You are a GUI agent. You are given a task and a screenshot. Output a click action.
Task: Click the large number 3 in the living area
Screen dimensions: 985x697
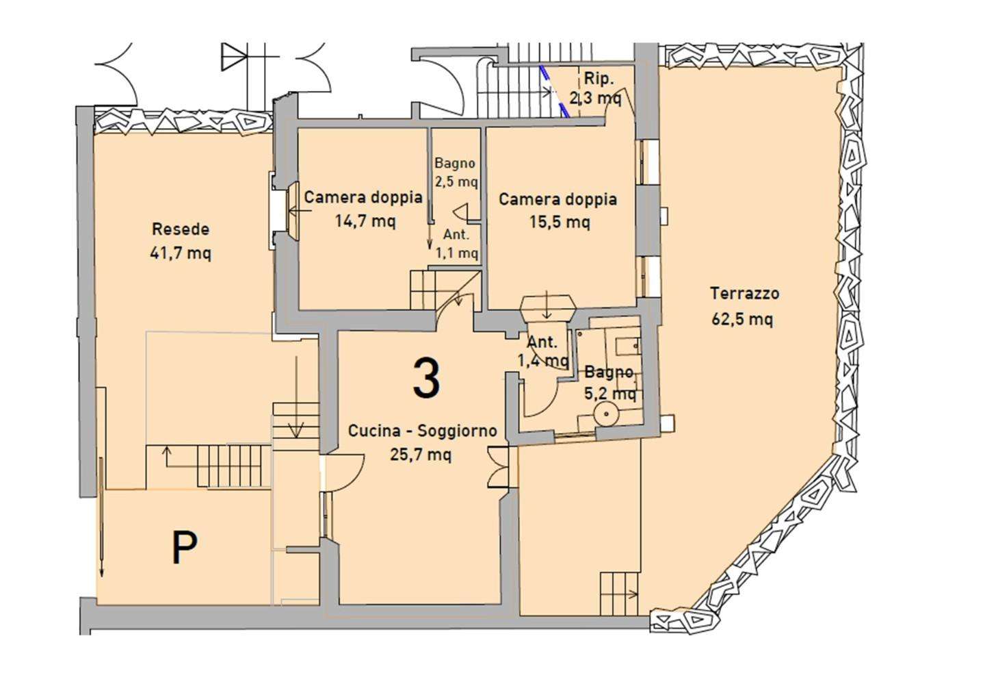(x=426, y=378)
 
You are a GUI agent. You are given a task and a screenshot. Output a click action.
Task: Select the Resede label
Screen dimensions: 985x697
(x=181, y=229)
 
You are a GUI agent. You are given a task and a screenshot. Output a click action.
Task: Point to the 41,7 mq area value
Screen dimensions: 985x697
(x=181, y=253)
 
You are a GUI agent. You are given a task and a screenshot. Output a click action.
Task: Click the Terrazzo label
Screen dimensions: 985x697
(x=745, y=293)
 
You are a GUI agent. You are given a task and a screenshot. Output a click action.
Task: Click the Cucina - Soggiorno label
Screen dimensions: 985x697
(x=423, y=431)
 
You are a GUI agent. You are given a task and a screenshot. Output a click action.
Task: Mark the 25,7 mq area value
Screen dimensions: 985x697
(x=421, y=454)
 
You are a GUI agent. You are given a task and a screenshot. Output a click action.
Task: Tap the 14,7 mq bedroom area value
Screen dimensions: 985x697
(x=365, y=220)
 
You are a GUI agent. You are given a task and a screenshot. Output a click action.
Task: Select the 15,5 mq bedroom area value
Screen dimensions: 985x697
(x=560, y=223)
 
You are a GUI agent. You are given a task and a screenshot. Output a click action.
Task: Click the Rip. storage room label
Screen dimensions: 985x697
(x=599, y=79)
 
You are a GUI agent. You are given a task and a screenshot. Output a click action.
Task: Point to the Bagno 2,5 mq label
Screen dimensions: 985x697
(x=456, y=173)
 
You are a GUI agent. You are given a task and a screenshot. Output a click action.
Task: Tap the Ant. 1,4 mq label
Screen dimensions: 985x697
(x=544, y=351)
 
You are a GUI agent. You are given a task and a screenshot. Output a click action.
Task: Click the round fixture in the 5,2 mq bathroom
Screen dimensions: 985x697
(x=606, y=414)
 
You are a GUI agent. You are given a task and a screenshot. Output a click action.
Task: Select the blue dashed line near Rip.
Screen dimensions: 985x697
(x=555, y=92)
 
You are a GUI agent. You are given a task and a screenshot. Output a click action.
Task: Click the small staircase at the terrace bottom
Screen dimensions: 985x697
(x=619, y=594)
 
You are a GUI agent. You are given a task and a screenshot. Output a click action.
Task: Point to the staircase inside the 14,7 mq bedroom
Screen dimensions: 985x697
(x=427, y=290)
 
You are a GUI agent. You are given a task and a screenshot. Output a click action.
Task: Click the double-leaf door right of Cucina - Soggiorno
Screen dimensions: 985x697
(x=498, y=467)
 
